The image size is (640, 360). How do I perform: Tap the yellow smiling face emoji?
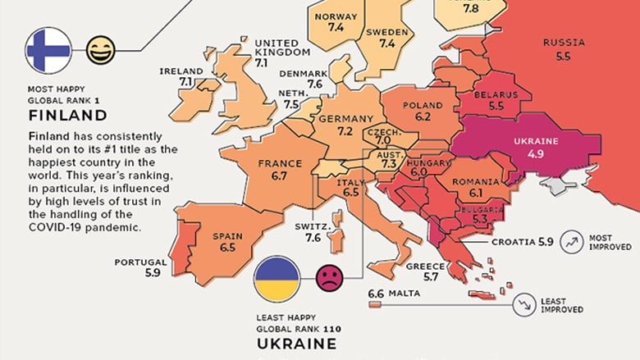point(100,50)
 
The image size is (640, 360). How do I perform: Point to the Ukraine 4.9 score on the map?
point(536,153)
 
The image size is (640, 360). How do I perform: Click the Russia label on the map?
point(564,43)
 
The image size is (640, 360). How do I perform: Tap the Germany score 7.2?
point(345,131)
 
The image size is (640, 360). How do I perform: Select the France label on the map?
point(279,163)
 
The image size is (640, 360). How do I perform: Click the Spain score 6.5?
point(227,248)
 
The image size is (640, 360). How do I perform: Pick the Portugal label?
point(140,262)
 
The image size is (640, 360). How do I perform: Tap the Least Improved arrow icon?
point(523,304)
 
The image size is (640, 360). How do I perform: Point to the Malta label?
point(404,294)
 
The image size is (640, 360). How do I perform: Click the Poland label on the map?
point(423,105)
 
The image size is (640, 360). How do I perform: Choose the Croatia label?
point(513,242)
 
